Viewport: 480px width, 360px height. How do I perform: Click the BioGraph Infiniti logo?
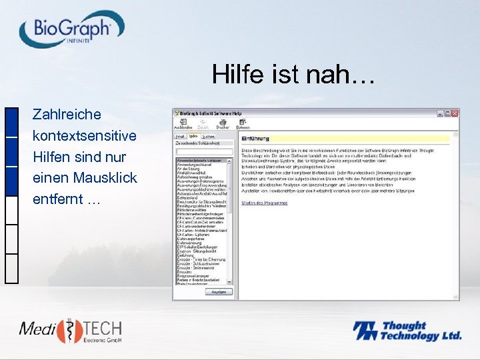72,31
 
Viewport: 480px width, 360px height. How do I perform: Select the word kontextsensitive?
84,135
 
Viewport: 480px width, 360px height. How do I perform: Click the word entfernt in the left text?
58,199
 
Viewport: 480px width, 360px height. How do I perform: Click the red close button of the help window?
455,113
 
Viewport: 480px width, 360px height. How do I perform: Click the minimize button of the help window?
439,113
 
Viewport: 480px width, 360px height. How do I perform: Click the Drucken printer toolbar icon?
231,123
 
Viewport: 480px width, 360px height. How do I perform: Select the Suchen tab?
208,136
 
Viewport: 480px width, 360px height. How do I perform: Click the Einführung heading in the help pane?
255,139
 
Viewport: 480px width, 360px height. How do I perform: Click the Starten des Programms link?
264,203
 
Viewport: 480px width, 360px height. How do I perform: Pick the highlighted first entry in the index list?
201,161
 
